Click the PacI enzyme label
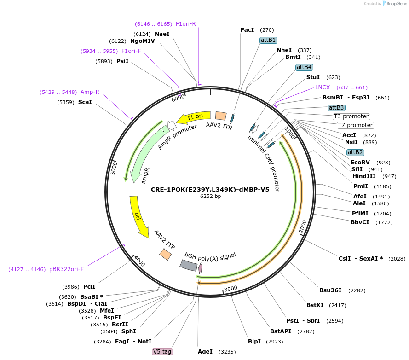coord(247,30)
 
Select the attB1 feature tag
coord(268,40)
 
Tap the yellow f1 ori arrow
coord(193,117)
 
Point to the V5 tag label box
coord(162,352)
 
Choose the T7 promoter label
coord(355,125)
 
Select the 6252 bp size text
coord(210,196)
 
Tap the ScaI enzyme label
coord(85,102)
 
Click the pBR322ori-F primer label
coord(66,269)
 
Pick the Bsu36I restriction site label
coord(330,290)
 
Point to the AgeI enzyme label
coord(205,352)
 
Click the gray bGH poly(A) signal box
coord(189,265)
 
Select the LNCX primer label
coord(323,87)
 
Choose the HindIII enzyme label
coord(364,176)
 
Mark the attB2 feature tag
coord(355,152)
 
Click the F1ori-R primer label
coord(186,23)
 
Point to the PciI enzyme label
coord(89,286)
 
